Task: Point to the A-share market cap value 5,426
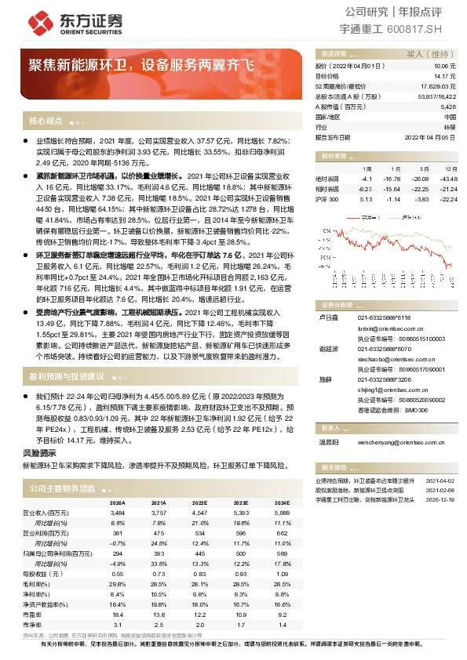coord(447,106)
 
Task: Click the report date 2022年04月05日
coord(432,136)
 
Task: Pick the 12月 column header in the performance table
coord(450,169)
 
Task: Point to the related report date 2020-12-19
coord(441,499)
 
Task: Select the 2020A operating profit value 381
coord(118,531)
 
